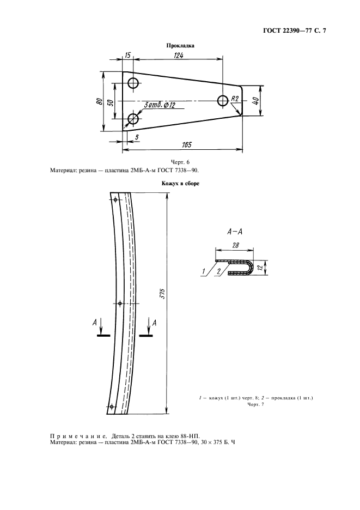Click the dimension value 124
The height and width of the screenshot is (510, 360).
coord(178,55)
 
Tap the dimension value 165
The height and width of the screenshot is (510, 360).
coord(186,145)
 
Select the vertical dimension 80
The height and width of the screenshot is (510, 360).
coord(100,101)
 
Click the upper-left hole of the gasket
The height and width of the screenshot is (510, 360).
coord(133,83)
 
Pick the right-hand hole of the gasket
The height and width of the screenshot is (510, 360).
coord(223,100)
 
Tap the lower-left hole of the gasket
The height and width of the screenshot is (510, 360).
coord(133,119)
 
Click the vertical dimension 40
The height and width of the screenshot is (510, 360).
coord(256,101)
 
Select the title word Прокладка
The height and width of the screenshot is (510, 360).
coord(180,46)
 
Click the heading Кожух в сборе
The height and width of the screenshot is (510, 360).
coord(180,184)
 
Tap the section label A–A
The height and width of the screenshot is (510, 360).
coord(235,232)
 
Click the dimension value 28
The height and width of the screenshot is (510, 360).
coord(235,245)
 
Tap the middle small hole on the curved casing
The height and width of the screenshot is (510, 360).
coord(120,303)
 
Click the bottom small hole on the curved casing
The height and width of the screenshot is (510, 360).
coord(112,406)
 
